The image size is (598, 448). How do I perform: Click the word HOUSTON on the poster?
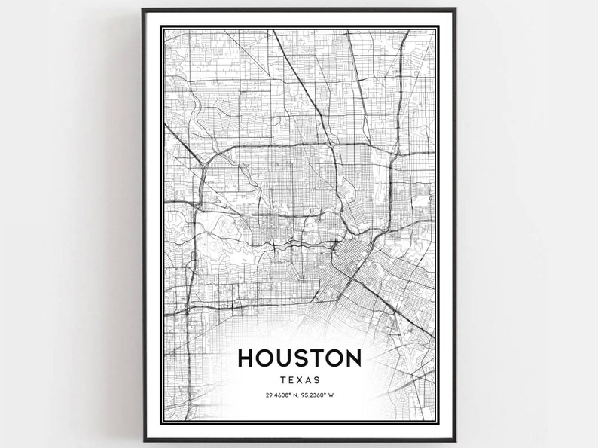tap(300, 358)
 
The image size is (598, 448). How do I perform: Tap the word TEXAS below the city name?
tap(300, 380)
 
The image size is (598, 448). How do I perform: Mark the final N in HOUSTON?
tap(352, 358)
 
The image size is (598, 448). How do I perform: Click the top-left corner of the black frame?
tap(143, 10)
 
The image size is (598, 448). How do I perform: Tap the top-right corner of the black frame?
tap(455, 10)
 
